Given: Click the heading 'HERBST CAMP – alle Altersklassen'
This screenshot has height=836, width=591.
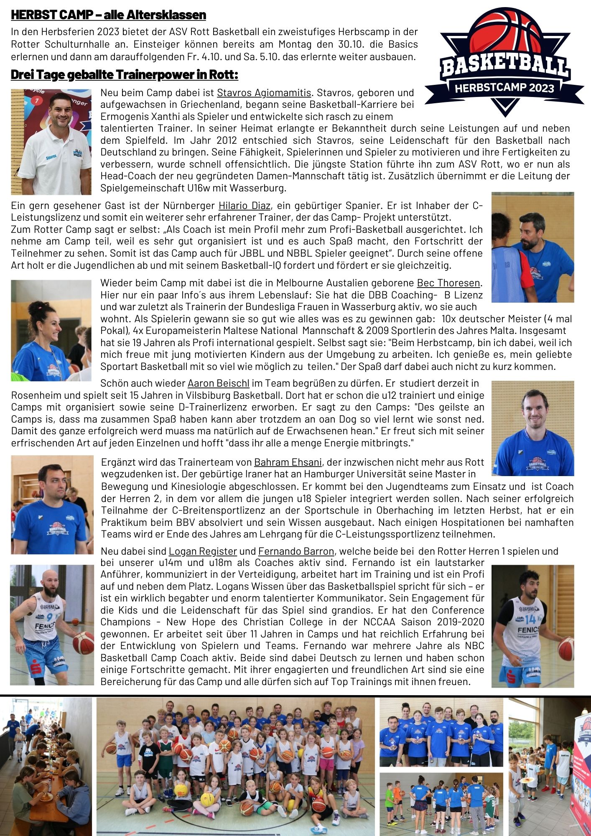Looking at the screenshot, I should click(108, 15).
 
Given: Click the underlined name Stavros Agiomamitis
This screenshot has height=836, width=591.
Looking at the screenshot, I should click(264, 92).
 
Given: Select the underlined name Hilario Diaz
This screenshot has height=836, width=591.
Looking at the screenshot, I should click(245, 206).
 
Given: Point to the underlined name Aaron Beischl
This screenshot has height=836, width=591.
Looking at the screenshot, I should click(218, 383).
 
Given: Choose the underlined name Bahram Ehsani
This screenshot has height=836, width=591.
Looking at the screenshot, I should click(288, 462).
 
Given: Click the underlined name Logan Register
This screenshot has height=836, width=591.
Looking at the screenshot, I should click(203, 551).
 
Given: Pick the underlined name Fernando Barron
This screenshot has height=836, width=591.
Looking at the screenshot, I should click(296, 551).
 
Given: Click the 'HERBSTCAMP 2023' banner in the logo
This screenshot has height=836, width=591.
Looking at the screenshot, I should click(504, 88).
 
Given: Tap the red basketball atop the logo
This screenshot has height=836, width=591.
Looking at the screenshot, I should click(504, 31).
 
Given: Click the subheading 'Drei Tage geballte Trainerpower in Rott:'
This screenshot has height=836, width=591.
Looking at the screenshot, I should click(125, 75).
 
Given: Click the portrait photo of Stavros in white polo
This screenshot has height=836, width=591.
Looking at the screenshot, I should click(51, 142).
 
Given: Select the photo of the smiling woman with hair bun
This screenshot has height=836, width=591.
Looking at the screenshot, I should click(51, 330).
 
